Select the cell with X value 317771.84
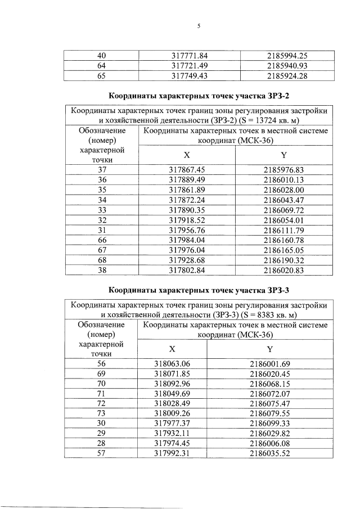(x=190, y=56)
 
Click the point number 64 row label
(x=102, y=66)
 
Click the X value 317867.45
(x=190, y=169)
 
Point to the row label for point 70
(x=102, y=384)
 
